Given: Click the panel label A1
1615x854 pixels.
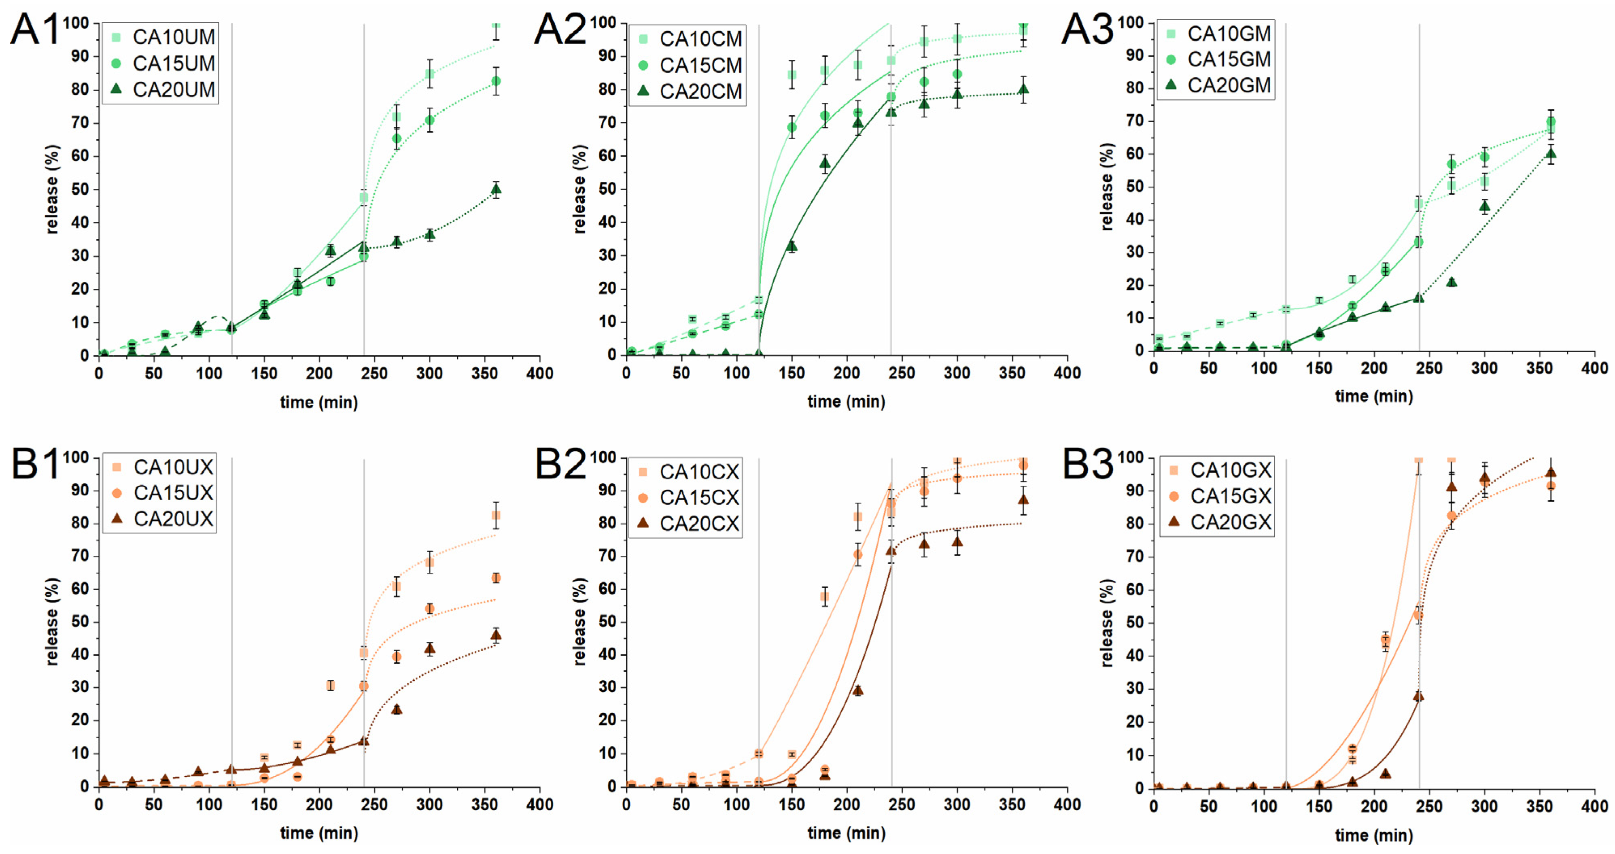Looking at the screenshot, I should (34, 30).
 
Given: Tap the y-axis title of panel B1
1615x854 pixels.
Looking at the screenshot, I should (52, 621).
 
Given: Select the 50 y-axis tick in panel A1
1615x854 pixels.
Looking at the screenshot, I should (80, 189).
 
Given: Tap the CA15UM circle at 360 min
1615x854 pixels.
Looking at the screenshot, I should (495, 81).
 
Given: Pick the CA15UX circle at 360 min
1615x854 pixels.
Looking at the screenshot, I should (495, 578).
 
